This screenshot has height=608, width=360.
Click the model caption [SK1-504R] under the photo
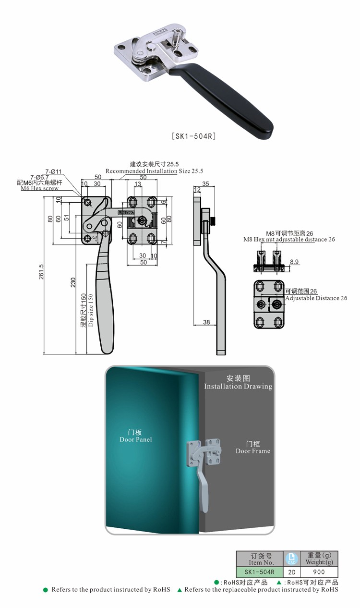[194, 136]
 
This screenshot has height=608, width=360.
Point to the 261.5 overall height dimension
[41, 271]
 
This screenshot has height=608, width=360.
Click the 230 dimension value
[73, 283]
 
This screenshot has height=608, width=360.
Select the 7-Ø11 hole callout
[54, 171]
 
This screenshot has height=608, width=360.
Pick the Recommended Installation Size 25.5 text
[154, 171]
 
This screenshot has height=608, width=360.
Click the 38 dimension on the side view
[206, 322]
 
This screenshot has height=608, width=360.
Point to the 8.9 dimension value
[295, 261]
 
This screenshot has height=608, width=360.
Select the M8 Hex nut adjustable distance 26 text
[289, 239]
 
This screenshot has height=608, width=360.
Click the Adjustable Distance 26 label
[316, 298]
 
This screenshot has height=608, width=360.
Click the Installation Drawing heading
[238, 386]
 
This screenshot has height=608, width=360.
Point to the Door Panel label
[136, 439]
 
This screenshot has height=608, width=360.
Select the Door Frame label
[253, 451]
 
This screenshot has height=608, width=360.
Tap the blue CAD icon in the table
[291, 559]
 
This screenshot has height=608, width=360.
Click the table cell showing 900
[319, 572]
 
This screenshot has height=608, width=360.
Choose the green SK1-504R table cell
[259, 572]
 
